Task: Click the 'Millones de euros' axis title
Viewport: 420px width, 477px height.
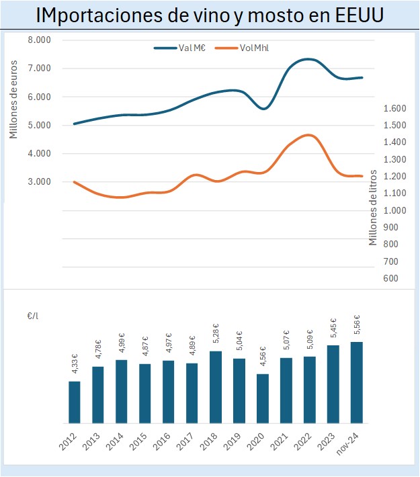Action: [13, 97]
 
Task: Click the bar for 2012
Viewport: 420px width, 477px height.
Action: [75, 402]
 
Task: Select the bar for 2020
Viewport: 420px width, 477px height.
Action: [263, 398]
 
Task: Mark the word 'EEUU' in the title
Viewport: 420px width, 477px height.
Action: [359, 15]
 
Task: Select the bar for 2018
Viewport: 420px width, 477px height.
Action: [216, 387]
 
